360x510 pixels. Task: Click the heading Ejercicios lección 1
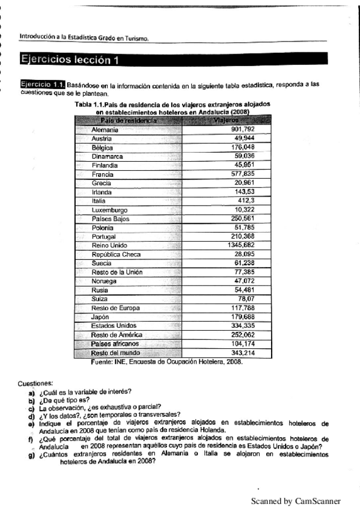[70, 60]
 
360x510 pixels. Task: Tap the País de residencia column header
[127, 121]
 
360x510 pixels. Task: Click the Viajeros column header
[225, 121]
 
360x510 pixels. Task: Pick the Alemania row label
[105, 129]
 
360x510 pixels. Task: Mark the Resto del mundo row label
[115, 353]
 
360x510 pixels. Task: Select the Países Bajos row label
[110, 219]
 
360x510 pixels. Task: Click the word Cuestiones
[35, 383]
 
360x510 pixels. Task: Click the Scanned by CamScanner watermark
[295, 501]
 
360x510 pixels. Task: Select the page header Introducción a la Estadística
[84, 36]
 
